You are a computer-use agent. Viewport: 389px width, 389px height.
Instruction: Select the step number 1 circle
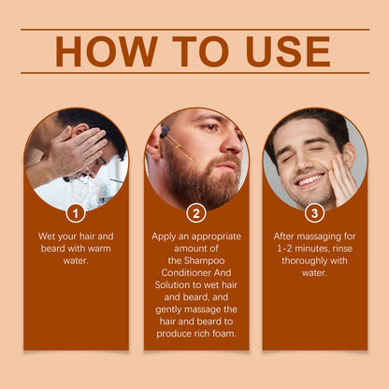(77, 213)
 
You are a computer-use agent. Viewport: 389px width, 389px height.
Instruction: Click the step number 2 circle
(196, 213)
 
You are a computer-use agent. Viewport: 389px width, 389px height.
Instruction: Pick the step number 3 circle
(315, 213)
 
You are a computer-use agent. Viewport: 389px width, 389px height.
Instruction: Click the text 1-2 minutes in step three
(297, 249)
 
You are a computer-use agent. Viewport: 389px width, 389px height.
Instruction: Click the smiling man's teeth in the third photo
(308, 179)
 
